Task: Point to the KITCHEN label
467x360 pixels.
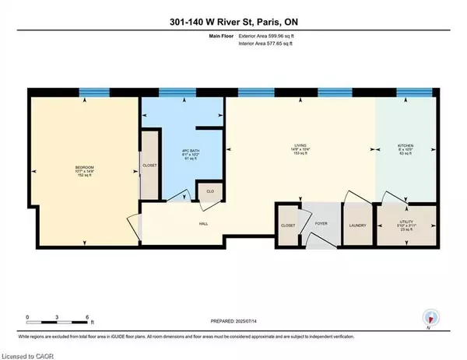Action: pos(406,145)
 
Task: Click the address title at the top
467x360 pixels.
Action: pos(233,11)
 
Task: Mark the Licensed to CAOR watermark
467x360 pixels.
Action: pos(28,353)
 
